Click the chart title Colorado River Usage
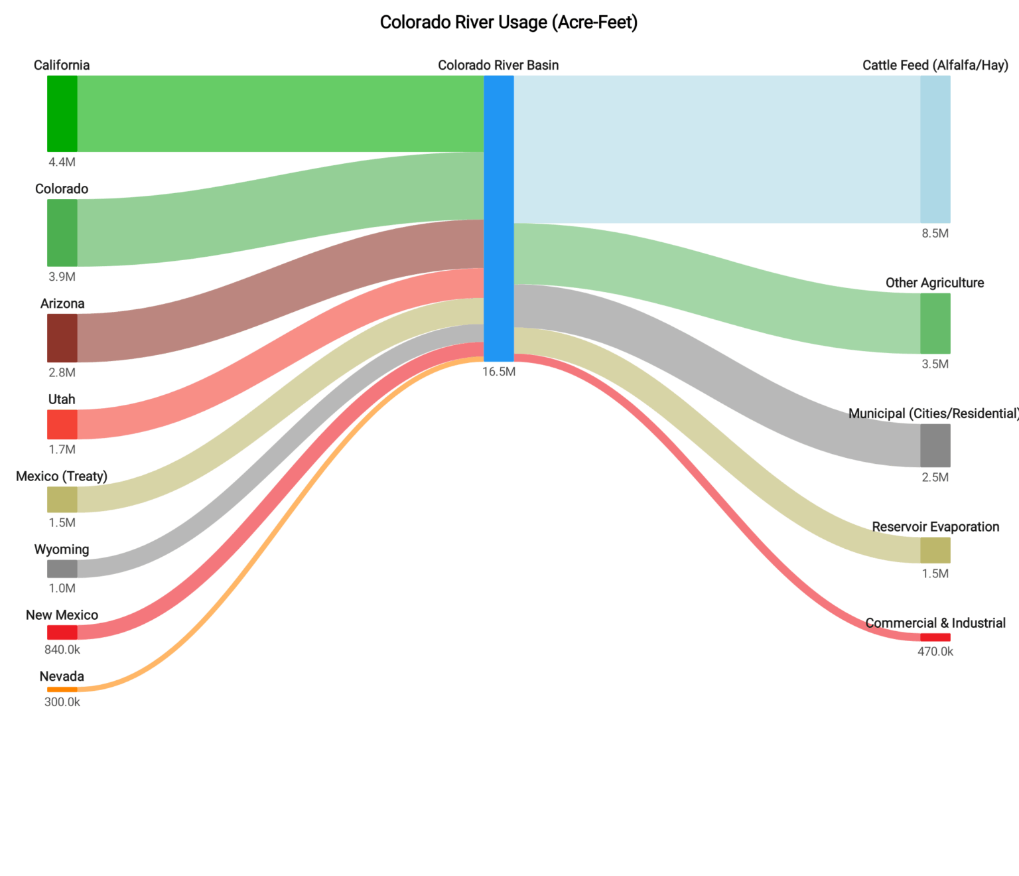[508, 23]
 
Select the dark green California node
[62, 113]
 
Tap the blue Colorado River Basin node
[499, 218]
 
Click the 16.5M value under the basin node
[499, 372]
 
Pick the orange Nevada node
[62, 690]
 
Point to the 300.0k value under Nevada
[62, 702]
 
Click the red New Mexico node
[62, 632]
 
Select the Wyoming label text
[62, 549]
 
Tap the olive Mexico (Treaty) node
[62, 500]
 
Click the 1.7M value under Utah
[62, 449]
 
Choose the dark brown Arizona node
[62, 338]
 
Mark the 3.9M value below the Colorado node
[62, 277]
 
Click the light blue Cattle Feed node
[935, 149]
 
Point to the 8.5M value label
[935, 234]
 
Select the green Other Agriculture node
[935, 323]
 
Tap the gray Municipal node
[935, 445]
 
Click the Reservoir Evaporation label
[935, 527]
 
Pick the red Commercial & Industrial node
[935, 637]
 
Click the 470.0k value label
[935, 652]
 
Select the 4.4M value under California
[62, 162]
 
